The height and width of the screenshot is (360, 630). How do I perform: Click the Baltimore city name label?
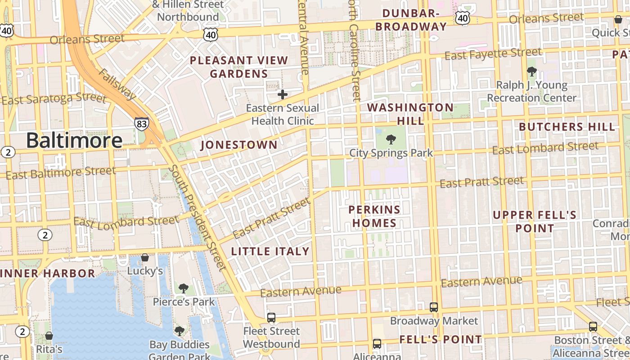coord(74,140)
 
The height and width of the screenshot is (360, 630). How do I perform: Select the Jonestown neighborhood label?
coord(239,145)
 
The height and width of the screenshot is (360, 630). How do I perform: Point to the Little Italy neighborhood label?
coord(270,252)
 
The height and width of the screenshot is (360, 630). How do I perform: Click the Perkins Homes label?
coord(374,216)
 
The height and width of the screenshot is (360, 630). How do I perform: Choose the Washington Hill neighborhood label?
coord(410,114)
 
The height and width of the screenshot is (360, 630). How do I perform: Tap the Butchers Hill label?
coord(567,127)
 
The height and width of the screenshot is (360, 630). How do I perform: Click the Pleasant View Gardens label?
coord(239,67)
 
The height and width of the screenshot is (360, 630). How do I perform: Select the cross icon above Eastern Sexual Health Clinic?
coord(283,94)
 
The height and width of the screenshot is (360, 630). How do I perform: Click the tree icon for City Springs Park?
coord(391,139)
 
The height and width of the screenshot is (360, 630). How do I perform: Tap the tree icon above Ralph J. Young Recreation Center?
coord(532,71)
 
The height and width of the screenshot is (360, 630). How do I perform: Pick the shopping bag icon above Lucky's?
coord(145,257)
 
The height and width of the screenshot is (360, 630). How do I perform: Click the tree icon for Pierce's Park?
coord(183,288)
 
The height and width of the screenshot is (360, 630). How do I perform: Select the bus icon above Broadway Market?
coord(434,307)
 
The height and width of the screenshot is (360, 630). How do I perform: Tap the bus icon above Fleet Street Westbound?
coord(271,318)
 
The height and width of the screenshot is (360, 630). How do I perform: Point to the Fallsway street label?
coord(117,84)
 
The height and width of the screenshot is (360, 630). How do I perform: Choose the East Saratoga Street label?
coord(54,98)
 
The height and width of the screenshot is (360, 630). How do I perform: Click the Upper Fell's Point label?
coord(535,221)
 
